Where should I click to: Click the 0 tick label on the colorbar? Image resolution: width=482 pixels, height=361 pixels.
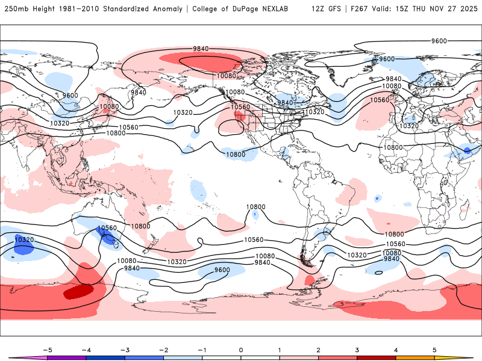(x=240, y=350)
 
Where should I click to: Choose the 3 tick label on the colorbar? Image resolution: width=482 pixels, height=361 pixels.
(x=357, y=350)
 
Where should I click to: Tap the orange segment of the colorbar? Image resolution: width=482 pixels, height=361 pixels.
(x=415, y=358)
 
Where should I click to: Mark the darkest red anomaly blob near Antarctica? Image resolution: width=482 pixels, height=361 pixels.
(x=78, y=292)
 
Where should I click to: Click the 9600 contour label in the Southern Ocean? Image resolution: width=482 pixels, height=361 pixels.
(x=222, y=270)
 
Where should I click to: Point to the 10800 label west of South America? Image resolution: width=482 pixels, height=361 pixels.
(x=255, y=207)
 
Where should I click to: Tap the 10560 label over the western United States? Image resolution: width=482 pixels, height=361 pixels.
(x=241, y=107)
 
